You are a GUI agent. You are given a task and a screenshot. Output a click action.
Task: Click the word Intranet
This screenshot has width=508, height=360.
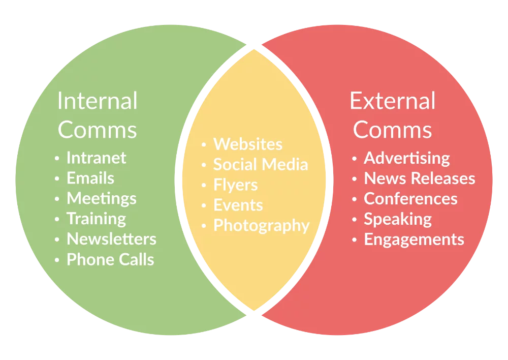click(96, 158)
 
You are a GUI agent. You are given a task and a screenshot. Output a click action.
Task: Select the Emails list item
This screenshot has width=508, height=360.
click(90, 178)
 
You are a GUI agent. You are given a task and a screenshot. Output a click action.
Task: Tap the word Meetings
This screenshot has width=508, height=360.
click(102, 199)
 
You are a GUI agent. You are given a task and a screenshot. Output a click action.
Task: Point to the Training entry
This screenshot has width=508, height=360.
click(96, 219)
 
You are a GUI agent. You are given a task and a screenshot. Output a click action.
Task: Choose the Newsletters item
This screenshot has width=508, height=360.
click(111, 239)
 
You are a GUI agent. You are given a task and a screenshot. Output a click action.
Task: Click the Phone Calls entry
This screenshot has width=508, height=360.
click(110, 260)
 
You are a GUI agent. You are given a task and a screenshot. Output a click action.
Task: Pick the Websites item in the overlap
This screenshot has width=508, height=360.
click(247, 144)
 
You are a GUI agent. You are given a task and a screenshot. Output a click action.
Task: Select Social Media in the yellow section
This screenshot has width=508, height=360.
click(260, 165)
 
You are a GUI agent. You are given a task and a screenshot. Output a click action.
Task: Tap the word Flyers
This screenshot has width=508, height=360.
click(235, 185)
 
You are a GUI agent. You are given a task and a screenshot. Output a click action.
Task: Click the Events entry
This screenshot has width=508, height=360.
click(238, 205)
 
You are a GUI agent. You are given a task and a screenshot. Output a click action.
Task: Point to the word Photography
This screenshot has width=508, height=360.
click(261, 226)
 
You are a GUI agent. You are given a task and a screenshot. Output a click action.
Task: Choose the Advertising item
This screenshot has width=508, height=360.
click(406, 159)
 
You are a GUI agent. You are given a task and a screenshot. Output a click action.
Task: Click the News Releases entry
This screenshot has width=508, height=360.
click(419, 179)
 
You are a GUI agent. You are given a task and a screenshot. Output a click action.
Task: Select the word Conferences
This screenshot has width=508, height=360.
click(410, 199)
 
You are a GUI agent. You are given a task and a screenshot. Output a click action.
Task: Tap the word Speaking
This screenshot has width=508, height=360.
click(397, 220)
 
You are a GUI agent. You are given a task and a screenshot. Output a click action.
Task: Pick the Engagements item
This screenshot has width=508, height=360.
click(414, 240)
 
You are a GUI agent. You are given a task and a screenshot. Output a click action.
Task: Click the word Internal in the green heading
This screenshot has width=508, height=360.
click(97, 101)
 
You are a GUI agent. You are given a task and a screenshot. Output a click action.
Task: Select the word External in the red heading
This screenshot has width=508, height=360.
click(392, 101)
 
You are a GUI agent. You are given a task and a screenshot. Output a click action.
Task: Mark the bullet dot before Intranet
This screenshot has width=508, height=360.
click(57, 159)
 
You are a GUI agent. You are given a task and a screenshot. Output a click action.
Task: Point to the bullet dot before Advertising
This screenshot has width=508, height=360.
click(354, 159)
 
